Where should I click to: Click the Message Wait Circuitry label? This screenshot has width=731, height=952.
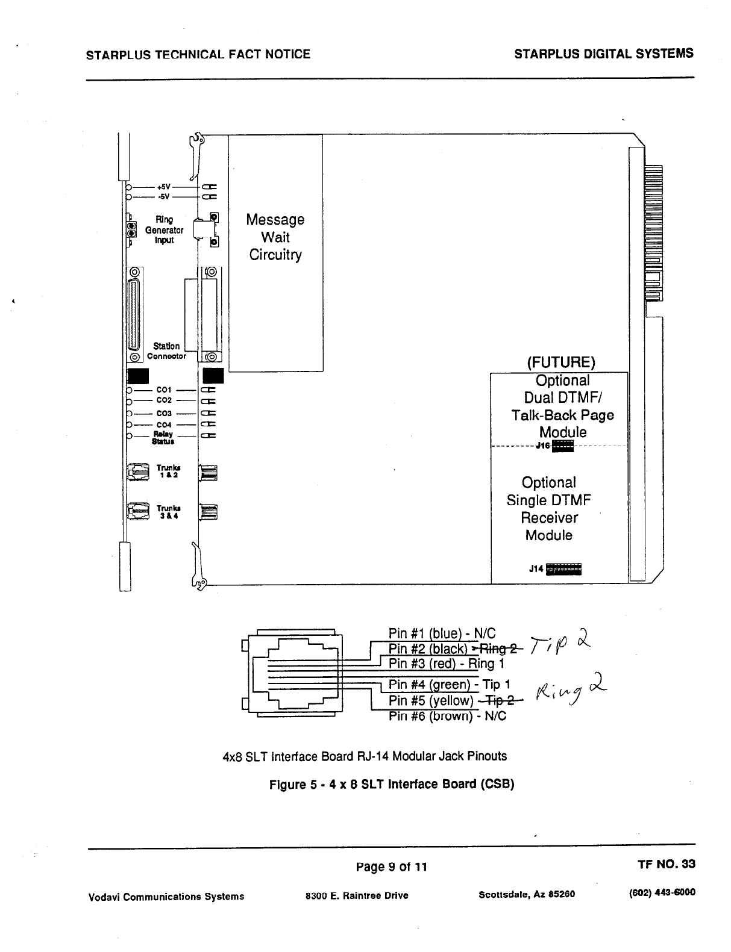point(275,237)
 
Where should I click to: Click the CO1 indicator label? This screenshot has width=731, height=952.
point(164,390)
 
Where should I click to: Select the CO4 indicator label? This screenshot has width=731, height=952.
point(164,425)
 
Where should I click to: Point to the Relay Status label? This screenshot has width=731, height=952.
point(163,438)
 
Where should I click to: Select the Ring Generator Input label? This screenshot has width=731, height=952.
point(164,230)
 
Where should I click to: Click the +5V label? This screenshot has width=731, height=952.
point(163,186)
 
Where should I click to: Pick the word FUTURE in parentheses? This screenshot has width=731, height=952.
point(561,362)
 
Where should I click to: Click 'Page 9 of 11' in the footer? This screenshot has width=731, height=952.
point(392,866)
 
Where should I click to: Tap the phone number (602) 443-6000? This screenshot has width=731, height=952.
point(662,892)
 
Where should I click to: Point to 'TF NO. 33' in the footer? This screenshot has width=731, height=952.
point(666,864)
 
